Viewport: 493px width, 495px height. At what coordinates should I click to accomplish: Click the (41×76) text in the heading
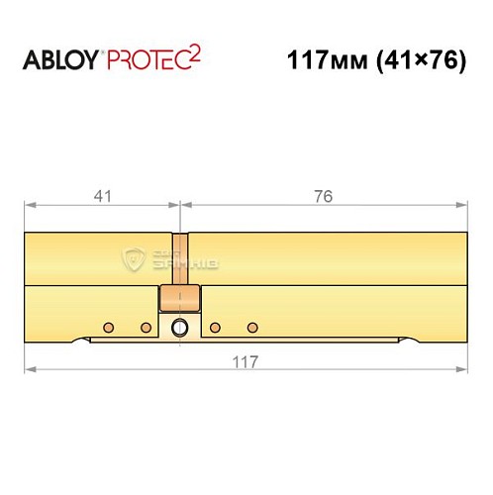[416, 60]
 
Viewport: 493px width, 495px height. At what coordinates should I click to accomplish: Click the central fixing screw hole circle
[179, 328]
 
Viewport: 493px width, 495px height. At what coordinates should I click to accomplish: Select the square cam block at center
[179, 299]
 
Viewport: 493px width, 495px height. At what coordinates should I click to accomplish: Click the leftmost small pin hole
[109, 328]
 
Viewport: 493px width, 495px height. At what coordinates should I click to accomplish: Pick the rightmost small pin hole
[251, 328]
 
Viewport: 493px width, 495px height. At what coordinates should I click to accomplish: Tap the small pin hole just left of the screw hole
[146, 328]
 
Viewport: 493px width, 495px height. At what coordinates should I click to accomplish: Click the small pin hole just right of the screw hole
[214, 328]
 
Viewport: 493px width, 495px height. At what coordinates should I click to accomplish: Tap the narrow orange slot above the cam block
[179, 258]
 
